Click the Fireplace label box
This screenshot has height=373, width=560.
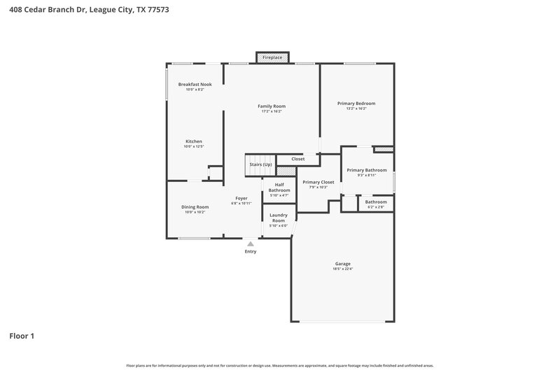pyautogui.click(x=272, y=57)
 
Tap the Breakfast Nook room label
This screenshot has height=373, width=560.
pyautogui.click(x=195, y=84)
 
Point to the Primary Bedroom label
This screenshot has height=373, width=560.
pyautogui.click(x=356, y=103)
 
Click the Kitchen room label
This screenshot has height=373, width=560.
pyautogui.click(x=193, y=141)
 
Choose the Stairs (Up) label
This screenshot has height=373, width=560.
pyautogui.click(x=260, y=164)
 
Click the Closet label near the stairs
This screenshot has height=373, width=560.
pyautogui.click(x=298, y=159)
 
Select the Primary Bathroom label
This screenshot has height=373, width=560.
pyautogui.click(x=367, y=169)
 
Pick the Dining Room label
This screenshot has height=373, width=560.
pyautogui.click(x=195, y=206)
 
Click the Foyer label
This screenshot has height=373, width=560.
pyautogui.click(x=241, y=198)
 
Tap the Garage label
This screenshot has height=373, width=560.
pyautogui.click(x=342, y=263)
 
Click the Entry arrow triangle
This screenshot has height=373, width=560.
pyautogui.click(x=250, y=244)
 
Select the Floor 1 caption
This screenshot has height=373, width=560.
pyautogui.click(x=22, y=336)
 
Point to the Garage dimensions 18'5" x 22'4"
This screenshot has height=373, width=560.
pyautogui.click(x=342, y=269)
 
